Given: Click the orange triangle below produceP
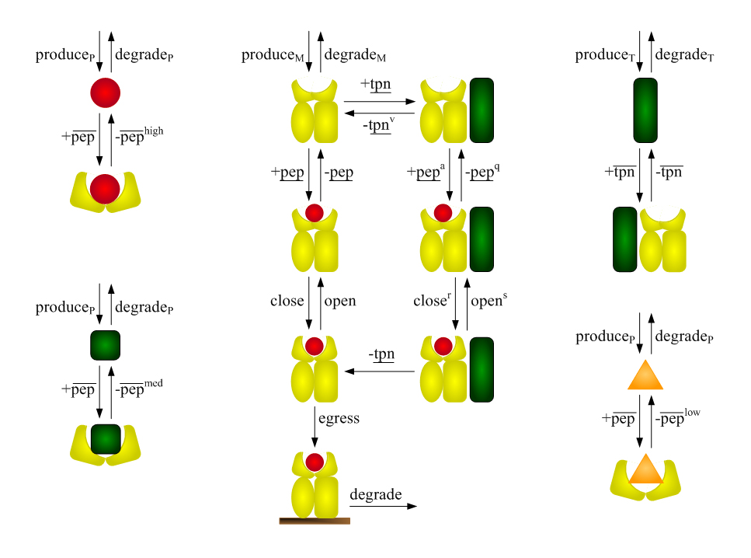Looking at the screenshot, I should point(645,377).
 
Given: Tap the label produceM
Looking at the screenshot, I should point(274,55).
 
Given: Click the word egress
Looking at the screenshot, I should point(339,418).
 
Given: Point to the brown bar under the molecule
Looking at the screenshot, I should point(315,521).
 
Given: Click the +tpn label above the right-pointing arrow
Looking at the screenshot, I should point(376,84).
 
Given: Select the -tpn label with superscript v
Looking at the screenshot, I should point(378,124).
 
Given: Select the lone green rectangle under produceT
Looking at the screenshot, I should point(645,110).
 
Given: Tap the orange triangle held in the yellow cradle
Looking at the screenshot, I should point(645,470).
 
